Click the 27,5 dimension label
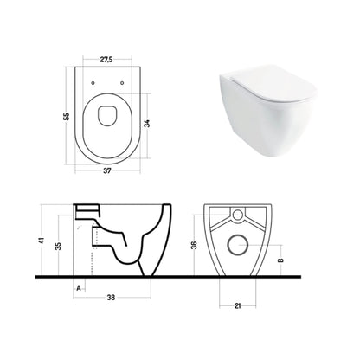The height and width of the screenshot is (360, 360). (106, 60)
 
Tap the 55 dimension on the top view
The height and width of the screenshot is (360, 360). (67, 117)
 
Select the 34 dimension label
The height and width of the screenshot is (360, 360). (147, 124)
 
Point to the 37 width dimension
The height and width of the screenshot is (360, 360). (107, 170)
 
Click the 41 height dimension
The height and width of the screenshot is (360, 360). (42, 240)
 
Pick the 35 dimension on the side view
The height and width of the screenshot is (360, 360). (58, 246)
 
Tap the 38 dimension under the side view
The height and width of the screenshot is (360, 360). (111, 298)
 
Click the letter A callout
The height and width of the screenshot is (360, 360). (78, 288)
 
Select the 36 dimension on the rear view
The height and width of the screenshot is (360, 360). (195, 245)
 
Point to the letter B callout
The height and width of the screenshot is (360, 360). (280, 260)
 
